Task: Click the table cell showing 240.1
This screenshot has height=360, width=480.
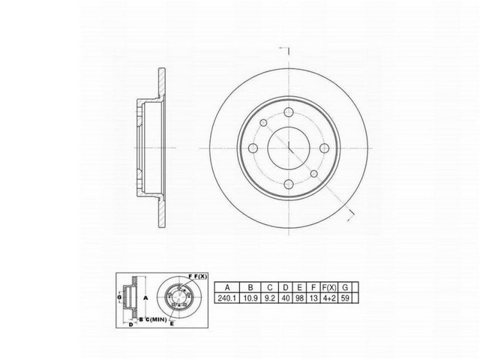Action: [x=227, y=298]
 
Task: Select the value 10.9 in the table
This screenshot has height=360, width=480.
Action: [x=252, y=298]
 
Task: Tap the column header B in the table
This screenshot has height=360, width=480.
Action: [x=252, y=286]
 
